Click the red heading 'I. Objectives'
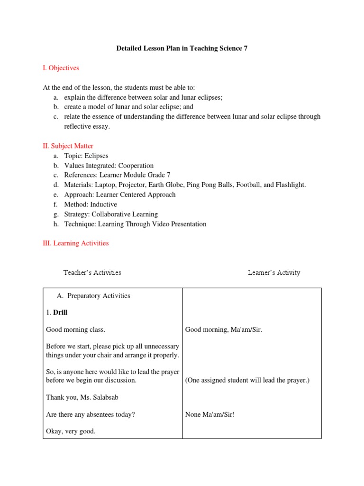(x=61, y=68)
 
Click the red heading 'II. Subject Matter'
(x=68, y=146)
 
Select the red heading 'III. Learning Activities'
(x=75, y=243)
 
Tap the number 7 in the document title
(x=246, y=48)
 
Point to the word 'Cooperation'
(x=136, y=166)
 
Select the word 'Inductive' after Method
(x=103, y=204)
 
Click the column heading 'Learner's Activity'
(x=274, y=272)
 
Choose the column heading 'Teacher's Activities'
(x=92, y=272)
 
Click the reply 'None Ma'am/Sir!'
(x=210, y=414)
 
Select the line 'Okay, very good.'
(x=71, y=431)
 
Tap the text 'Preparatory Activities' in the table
(x=99, y=296)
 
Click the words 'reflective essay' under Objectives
(x=87, y=126)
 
